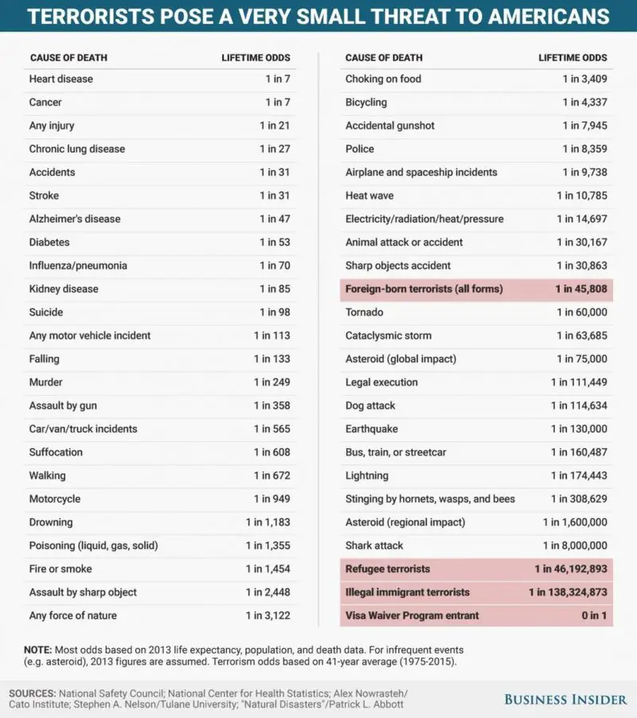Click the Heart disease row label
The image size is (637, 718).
(61, 79)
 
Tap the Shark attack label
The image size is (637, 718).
(374, 545)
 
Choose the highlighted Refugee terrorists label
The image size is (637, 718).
(388, 569)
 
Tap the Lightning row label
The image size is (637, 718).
(367, 475)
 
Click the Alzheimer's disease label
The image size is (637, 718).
(75, 219)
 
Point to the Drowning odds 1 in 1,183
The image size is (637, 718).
(268, 522)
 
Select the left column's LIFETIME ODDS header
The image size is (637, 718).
(255, 57)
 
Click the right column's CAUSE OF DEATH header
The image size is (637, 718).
(384, 57)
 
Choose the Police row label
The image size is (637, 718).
(360, 149)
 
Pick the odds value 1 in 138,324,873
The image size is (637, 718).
(568, 592)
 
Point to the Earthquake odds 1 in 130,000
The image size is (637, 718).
(579, 429)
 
